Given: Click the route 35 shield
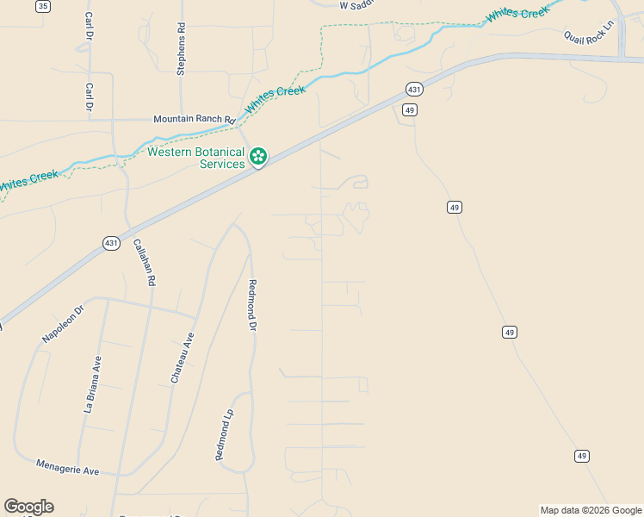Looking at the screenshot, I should coord(44,6).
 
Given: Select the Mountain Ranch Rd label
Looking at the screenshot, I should coord(194,120).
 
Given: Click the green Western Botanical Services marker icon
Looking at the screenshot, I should coord(258,156).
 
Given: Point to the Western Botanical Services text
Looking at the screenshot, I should coord(196,158).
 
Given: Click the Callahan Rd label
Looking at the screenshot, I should coord(144,262).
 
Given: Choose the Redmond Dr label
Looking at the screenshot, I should coord(252,305).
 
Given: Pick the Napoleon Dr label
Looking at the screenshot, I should coord(63,324).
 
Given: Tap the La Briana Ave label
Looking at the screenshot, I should coord(92,385).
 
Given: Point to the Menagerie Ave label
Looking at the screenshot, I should coord(68,468).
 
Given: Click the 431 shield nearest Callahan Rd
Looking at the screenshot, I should coord(111,244).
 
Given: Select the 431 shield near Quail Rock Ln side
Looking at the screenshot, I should coord(415,90).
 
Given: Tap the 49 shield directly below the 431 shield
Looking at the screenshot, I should coord(410,109).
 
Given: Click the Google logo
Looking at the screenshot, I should coord(28,507).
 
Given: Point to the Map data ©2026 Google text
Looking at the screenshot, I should coord(591,510).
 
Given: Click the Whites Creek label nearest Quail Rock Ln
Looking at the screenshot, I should coord(517,13).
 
